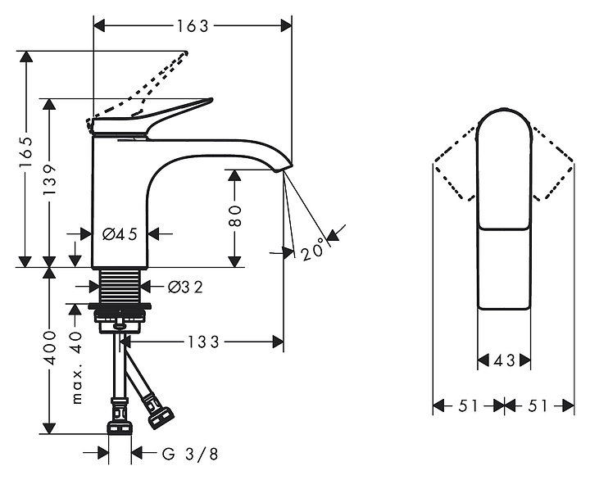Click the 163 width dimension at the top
193,25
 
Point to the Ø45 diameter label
120,234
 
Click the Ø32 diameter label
185,287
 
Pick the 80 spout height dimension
235,215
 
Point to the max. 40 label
77,368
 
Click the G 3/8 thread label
189,454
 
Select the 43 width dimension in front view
504,360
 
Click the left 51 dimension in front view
468,405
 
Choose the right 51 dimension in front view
539,405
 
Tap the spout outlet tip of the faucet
281,167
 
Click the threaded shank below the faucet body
120,286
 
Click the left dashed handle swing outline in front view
455,164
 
